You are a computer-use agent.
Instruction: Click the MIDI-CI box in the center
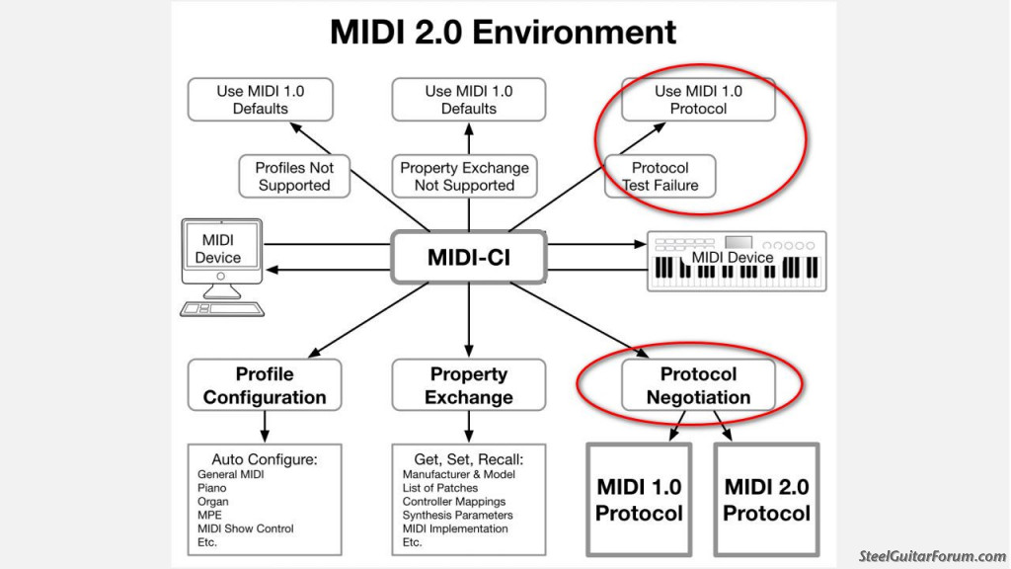469,258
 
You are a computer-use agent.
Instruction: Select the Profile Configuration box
265,385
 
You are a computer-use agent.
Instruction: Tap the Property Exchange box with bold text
469,385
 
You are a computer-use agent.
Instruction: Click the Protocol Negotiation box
698,385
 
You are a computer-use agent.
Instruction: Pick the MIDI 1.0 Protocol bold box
639,499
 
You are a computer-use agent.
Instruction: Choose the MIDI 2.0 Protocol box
766,499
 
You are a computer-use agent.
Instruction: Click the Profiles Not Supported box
294,176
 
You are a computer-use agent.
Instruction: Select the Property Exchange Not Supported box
464,176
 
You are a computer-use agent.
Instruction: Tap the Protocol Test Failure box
661,176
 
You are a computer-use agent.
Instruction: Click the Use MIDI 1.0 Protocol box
698,100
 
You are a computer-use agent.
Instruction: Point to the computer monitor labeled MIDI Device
222,252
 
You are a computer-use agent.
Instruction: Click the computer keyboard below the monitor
222,309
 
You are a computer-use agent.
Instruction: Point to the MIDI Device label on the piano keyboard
733,258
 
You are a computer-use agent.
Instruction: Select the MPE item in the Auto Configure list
209,515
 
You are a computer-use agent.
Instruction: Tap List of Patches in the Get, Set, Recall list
440,488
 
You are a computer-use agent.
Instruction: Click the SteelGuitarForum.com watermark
932,556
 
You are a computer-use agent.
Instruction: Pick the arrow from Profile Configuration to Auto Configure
265,427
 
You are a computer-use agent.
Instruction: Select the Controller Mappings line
454,501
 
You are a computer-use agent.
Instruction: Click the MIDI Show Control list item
246,528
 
